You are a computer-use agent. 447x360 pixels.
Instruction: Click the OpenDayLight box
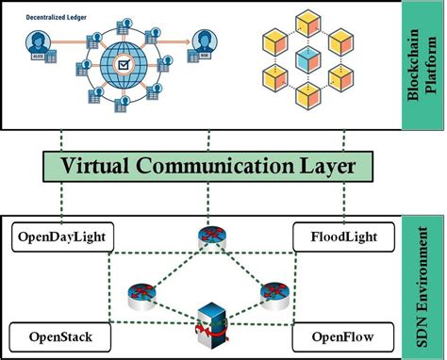pyautogui.click(x=59, y=237)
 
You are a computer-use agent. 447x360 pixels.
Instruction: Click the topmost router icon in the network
pyautogui.click(x=208, y=237)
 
